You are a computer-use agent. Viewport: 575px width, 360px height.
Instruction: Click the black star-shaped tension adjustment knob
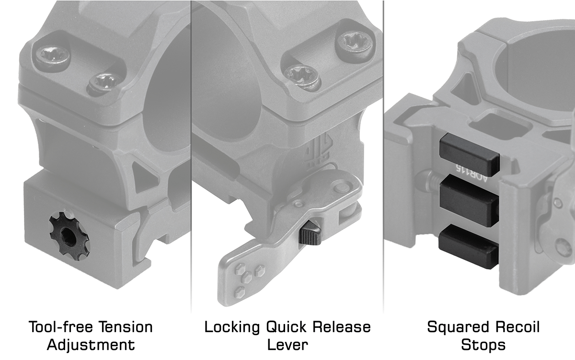pos(69,237)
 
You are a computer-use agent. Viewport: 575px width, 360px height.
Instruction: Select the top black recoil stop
pos(469,155)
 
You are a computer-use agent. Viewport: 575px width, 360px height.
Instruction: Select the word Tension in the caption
pos(126,327)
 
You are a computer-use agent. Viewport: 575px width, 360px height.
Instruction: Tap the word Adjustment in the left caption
pos(91,345)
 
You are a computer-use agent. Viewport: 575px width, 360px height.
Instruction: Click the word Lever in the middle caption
pos(287,345)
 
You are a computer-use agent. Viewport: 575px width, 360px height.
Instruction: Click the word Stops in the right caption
pos(483,345)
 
